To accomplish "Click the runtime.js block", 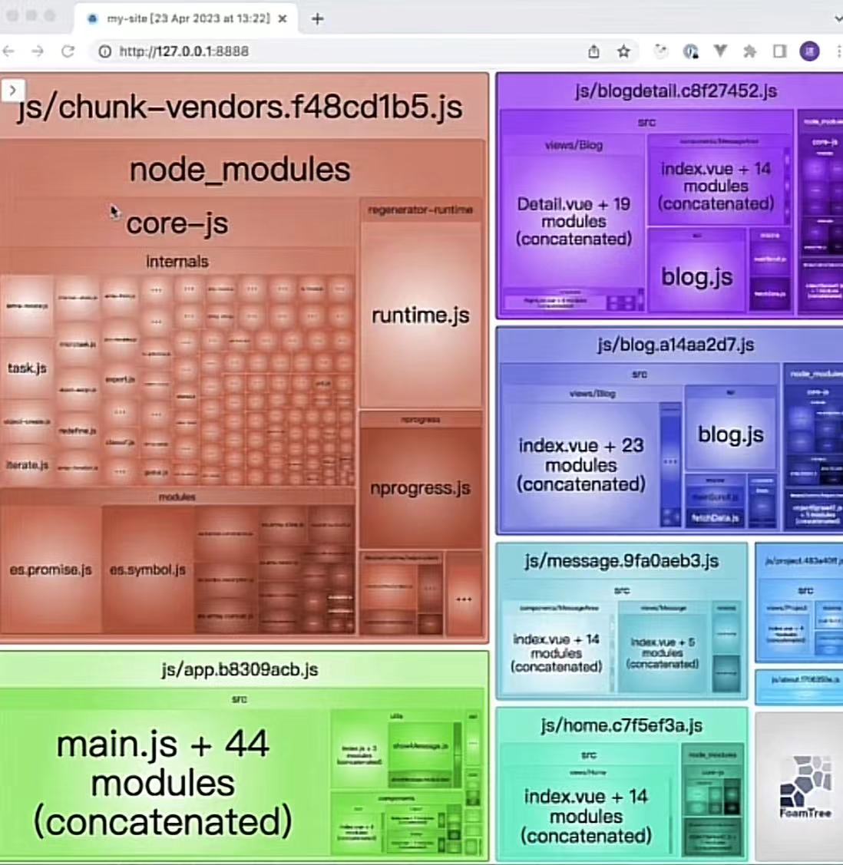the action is (421, 315).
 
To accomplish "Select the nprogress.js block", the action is (420, 487).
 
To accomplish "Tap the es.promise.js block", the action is (51, 570).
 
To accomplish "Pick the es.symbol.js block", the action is (147, 570).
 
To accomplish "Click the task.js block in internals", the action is (27, 368).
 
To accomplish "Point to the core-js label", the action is (177, 223).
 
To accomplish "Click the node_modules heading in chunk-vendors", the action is (240, 170).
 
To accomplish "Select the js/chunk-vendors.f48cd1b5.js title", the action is (240, 107).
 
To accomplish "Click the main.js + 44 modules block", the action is (163, 782).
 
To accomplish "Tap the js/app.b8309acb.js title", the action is (240, 669).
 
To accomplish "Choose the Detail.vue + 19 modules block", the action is (574, 221).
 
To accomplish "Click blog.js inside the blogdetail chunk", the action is (696, 276).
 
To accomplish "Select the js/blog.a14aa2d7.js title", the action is (676, 345).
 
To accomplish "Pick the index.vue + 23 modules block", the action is (581, 464).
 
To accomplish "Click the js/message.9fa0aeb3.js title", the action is (622, 561).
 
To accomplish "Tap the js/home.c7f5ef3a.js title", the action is (621, 725).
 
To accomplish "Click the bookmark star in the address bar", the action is (623, 51).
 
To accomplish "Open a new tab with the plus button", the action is (317, 18).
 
